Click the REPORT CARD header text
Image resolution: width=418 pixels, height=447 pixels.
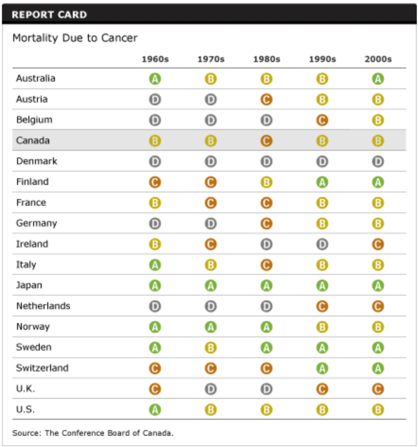49,14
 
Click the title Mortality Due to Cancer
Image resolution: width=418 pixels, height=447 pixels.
75,38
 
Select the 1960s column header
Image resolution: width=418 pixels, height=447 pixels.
155,59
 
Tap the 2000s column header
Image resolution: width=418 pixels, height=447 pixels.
378,59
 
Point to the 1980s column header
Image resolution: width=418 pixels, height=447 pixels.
266,59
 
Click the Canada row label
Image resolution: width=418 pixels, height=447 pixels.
33,141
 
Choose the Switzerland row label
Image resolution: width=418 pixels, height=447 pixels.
42,368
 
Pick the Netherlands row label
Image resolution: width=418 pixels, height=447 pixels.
43,306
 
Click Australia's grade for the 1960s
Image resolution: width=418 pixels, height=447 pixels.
155,79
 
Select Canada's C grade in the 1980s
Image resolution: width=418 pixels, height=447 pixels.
266,141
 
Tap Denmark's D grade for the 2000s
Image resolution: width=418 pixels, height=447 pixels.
378,162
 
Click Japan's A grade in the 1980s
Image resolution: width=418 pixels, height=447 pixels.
266,285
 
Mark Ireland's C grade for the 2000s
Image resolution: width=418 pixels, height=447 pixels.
378,244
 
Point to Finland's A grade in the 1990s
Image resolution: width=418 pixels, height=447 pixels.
322,182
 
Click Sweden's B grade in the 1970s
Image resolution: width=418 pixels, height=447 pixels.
211,348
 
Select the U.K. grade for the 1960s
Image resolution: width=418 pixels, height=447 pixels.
155,389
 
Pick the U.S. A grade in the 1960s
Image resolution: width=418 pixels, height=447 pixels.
155,410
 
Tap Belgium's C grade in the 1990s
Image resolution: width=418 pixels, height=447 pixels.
322,120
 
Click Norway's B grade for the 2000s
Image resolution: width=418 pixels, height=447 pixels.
378,327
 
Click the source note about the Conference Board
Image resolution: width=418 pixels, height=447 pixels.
93,433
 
